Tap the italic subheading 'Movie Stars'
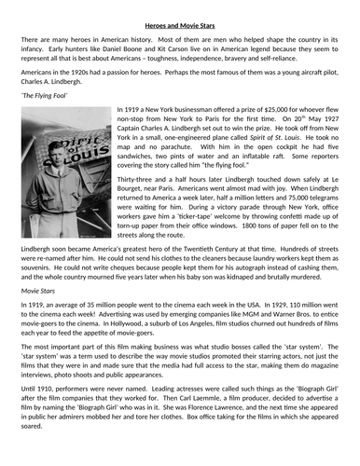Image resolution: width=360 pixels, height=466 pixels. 38,292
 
